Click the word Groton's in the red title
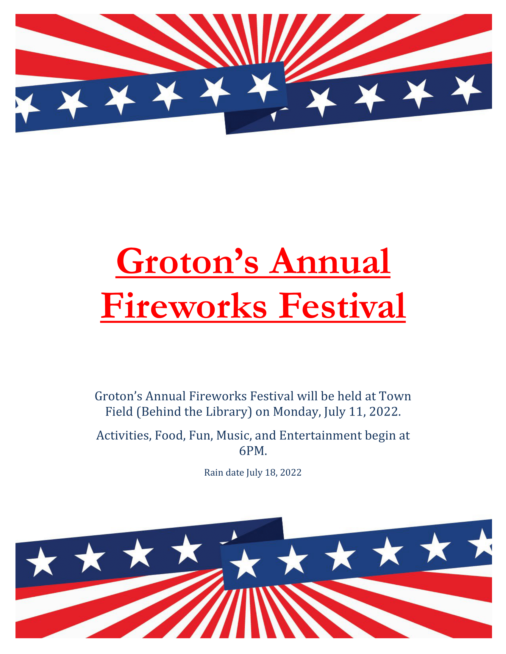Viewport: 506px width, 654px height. pyautogui.click(x=187, y=261)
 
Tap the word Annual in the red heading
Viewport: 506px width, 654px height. pyautogui.click(x=330, y=261)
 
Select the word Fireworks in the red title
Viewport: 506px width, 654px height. pyautogui.click(x=184, y=306)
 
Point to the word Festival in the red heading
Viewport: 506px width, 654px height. pyautogui.click(x=342, y=306)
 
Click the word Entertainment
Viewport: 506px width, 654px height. pyautogui.click(x=321, y=436)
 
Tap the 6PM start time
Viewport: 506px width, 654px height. pyautogui.click(x=253, y=451)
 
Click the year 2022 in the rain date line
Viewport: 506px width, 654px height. pyautogui.click(x=291, y=473)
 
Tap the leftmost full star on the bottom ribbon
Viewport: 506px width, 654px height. pyautogui.click(x=41, y=562)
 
